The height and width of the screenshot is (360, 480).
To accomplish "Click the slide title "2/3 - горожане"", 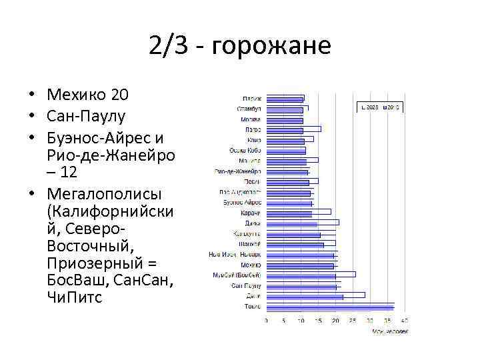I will tap(240, 47).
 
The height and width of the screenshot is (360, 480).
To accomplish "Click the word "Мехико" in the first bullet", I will tap(73, 94).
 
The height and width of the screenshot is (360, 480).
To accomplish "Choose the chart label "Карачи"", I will tap(251, 213).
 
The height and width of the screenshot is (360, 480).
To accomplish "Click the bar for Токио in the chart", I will tap(330, 307).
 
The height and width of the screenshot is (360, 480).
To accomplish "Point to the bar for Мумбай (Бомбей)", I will tap(311, 275).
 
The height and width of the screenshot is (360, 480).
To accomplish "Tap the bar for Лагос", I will tap(293, 129).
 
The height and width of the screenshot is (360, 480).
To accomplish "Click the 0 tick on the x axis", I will tap(266, 321).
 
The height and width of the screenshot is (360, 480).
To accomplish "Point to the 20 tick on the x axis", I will tap(335, 321).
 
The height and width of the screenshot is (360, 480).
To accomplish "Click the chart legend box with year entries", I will tap(379, 107).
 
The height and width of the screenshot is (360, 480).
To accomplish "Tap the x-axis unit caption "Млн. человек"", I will tap(390, 330).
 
